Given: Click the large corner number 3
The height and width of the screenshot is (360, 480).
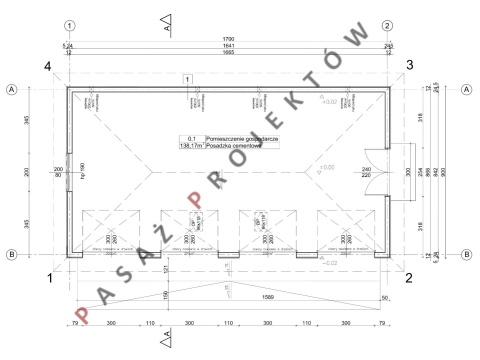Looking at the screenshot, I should coord(408,66).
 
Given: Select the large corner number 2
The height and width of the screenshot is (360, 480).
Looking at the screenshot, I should coord(409,279).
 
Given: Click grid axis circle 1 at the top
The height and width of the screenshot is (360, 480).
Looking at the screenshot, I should coord(68,25).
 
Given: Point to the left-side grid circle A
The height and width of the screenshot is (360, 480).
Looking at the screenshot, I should coord(11,88).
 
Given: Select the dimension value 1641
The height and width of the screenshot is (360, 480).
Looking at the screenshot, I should coord(227,47).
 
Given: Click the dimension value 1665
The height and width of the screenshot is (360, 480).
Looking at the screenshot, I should coord(227,54).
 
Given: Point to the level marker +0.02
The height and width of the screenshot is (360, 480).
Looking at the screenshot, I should coord(329,102).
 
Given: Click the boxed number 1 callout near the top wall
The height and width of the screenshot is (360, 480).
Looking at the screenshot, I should coord(187,77).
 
